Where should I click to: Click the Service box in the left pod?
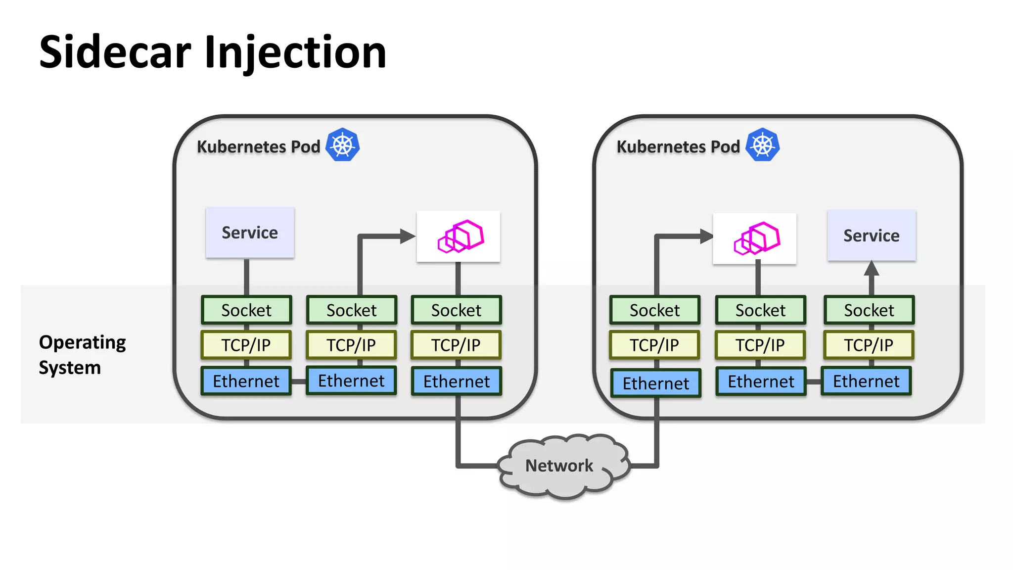[250, 233]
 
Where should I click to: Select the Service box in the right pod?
[871, 236]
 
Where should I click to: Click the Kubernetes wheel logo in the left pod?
[342, 145]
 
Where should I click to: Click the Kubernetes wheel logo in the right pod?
[762, 145]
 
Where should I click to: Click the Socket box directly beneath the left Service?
[246, 310]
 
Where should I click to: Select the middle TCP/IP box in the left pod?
[351, 345]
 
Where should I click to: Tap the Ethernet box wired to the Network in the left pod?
[457, 381]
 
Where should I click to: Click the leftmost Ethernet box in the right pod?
[655, 383]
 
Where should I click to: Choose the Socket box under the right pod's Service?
[869, 310]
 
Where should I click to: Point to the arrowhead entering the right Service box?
[871, 269]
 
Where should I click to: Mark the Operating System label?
[82, 354]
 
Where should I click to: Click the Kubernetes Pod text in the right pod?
[678, 147]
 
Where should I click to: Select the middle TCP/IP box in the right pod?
[760, 345]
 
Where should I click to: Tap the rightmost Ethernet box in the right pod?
[866, 381]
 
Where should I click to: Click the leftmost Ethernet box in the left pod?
[246, 381]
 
